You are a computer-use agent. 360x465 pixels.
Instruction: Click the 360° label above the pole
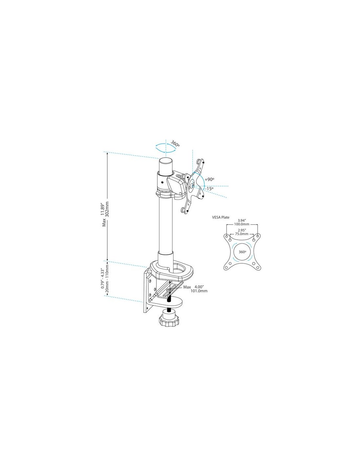[175, 144]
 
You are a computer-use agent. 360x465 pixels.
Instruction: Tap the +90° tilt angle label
[209, 179]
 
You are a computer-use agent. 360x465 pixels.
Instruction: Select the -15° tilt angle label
[208, 189]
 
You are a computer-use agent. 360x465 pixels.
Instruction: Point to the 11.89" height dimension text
[103, 210]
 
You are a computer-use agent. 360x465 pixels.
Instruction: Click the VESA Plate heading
[221, 217]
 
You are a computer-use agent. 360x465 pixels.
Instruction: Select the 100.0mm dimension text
[241, 224]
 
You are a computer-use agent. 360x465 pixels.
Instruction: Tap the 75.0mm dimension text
[242, 234]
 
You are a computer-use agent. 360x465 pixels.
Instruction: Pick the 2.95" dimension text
[242, 230]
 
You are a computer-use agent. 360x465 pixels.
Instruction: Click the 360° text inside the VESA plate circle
[242, 252]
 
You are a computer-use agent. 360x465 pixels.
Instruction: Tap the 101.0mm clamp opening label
[200, 291]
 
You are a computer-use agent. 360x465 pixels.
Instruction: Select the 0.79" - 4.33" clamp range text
[102, 279]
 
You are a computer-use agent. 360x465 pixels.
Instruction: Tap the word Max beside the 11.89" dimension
[104, 222]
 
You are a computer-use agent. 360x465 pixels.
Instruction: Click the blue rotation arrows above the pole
[166, 148]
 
